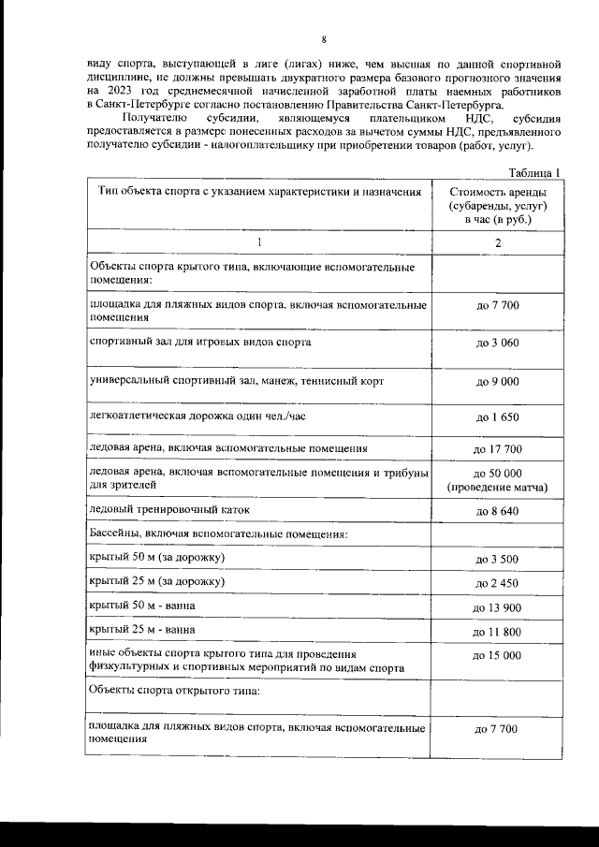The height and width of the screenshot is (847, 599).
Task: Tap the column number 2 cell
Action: (497, 242)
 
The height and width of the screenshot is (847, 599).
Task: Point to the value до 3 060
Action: (497, 344)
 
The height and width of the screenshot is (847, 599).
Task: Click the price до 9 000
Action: (497, 382)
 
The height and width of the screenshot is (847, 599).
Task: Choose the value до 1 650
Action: (497, 416)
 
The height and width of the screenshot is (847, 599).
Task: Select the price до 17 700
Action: (497, 450)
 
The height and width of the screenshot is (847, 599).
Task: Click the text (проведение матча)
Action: (497, 488)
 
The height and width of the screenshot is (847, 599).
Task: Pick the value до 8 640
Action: (497, 511)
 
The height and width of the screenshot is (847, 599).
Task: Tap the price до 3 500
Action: (497, 560)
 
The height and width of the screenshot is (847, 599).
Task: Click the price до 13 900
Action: (497, 608)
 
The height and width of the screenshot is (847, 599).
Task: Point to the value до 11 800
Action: (497, 633)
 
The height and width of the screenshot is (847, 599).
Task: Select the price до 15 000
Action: (497, 656)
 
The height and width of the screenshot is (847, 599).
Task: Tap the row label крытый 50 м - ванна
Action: (141, 606)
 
